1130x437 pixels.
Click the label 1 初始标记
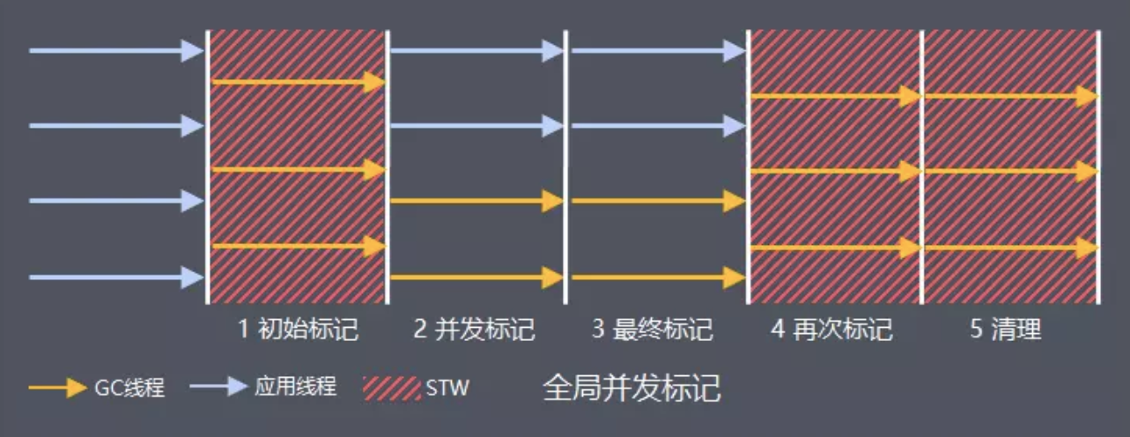[298, 330]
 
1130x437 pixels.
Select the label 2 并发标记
[475, 330]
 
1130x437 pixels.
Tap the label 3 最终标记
[652, 330]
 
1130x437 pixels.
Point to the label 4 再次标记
[831, 330]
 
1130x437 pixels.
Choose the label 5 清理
[1005, 330]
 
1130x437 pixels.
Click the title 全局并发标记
[631, 388]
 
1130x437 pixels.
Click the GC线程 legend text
[129, 388]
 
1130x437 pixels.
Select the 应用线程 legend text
[295, 387]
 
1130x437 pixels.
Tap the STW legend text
[447, 388]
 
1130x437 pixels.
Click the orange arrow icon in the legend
[56, 388]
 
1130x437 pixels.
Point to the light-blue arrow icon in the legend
[218, 387]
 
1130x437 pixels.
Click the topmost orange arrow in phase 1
[299, 82]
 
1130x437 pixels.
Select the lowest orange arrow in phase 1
[299, 247]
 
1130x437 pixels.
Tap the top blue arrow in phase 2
[476, 50]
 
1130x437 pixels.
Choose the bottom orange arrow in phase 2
[476, 278]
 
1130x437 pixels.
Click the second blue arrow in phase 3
[657, 126]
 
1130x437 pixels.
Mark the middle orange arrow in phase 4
[835, 172]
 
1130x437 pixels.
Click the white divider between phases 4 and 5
[922, 167]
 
